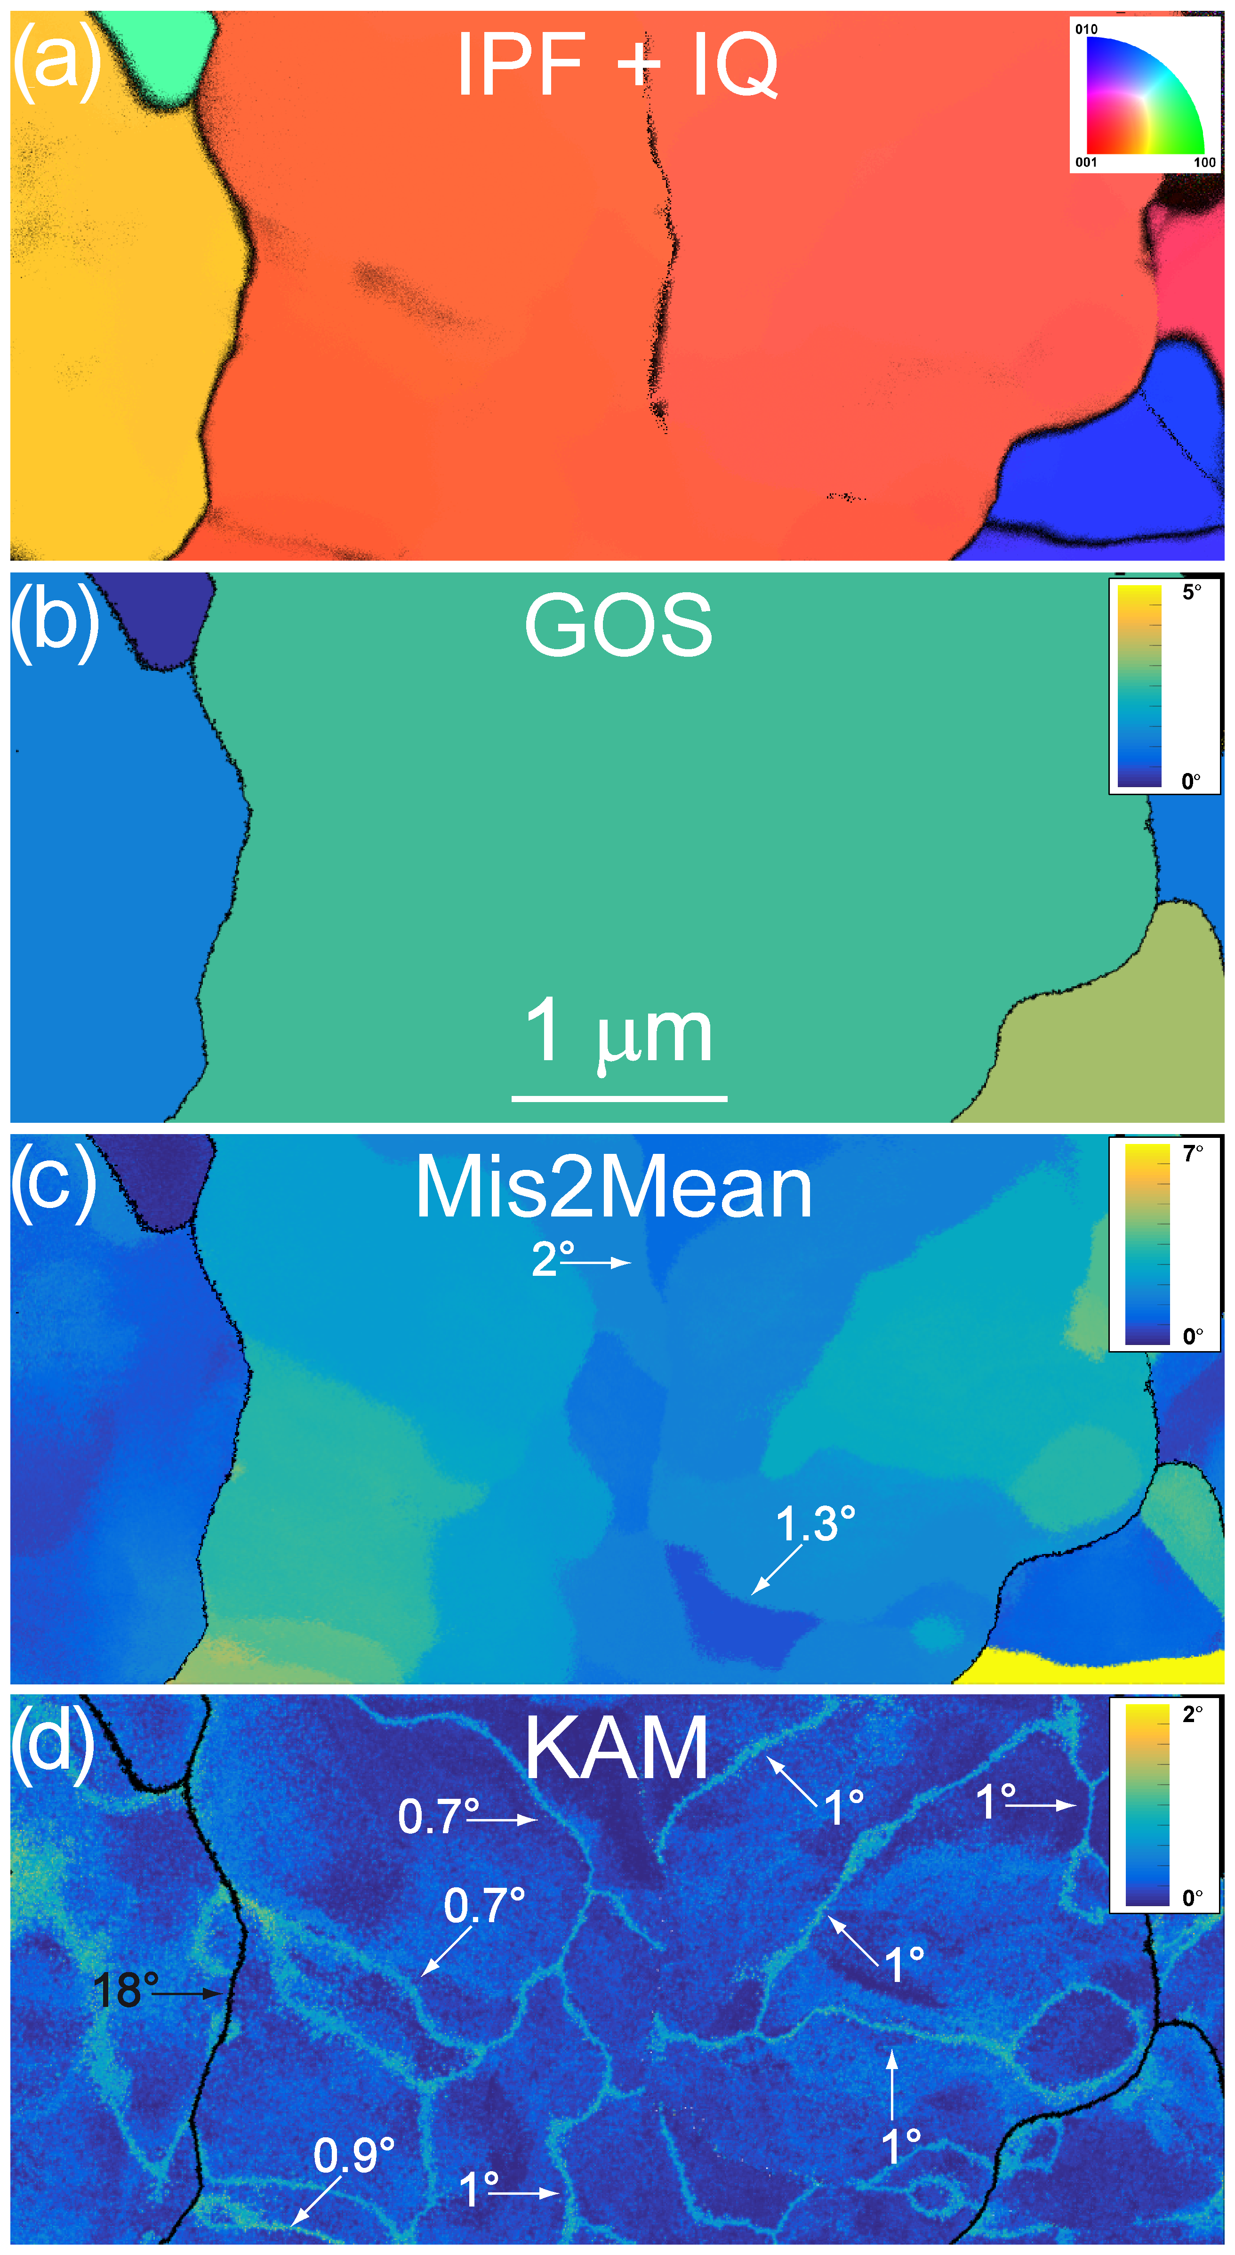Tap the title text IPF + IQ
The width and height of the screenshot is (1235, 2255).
pos(617,65)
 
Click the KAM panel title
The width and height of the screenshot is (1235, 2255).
pos(616,1748)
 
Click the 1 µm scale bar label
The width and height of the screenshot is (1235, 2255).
pos(618,1033)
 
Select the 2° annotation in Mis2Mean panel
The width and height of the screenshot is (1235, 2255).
pos(552,1259)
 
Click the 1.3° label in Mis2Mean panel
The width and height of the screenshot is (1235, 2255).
pos(815,1524)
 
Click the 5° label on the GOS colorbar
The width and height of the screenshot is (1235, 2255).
pos(1191,593)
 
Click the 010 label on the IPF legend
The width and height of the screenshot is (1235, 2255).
pos(1086,29)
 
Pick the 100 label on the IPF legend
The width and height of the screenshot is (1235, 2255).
pos(1204,162)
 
